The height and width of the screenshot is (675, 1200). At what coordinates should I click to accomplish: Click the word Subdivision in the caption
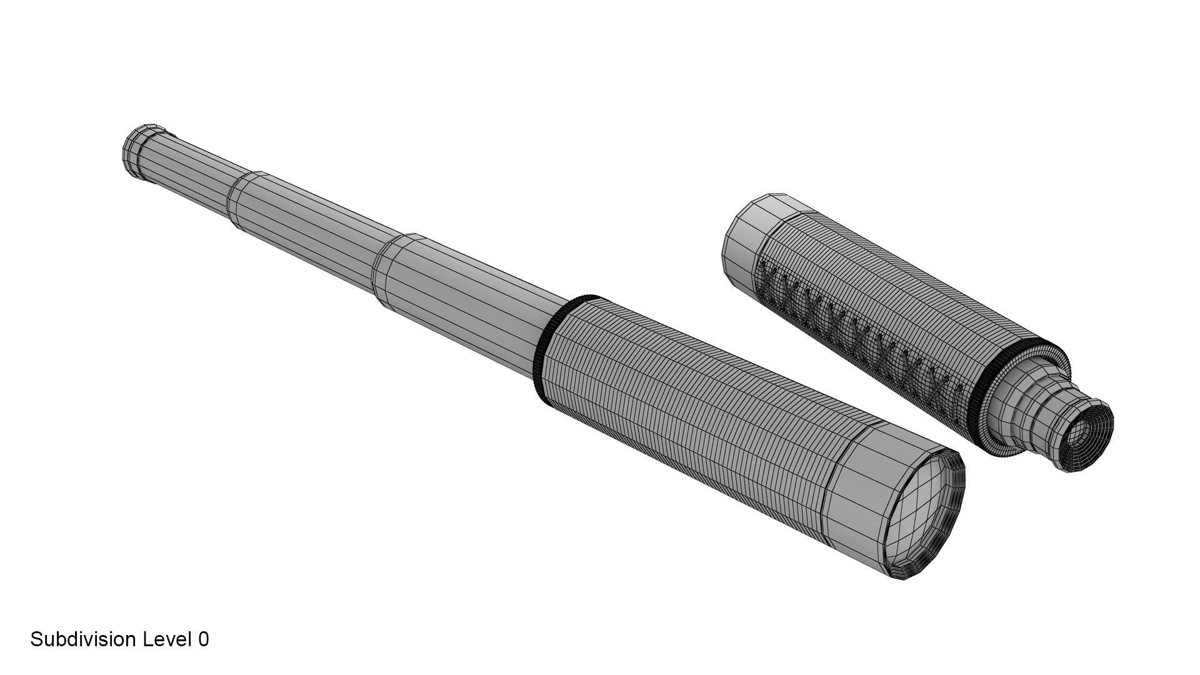click(x=84, y=639)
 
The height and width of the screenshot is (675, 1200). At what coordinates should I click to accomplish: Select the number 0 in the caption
click(x=203, y=639)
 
